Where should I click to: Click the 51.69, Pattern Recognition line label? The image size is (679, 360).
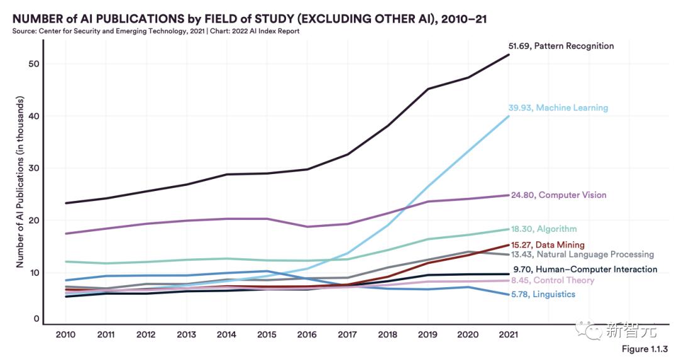(x=561, y=46)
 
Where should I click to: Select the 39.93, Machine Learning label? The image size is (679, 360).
(x=558, y=108)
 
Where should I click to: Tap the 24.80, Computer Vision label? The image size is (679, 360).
(x=557, y=195)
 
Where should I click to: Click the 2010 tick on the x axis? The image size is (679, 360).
(x=65, y=334)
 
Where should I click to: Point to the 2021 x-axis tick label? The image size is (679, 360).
(x=508, y=334)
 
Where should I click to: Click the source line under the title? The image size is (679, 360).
(x=155, y=31)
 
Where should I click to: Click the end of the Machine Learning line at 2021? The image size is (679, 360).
(x=509, y=116)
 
